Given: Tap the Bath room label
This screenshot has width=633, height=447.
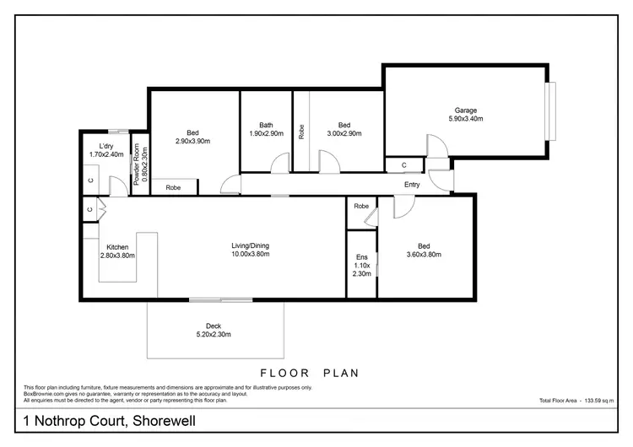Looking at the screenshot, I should point(266,125).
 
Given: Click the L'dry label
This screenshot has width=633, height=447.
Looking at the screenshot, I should point(105,145).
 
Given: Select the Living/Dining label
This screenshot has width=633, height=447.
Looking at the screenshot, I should point(250,245).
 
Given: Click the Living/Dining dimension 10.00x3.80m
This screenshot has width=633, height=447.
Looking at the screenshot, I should point(250,255).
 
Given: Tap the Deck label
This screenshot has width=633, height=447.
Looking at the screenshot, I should point(214,326).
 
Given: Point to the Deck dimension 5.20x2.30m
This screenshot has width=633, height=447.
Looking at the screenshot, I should point(214,335).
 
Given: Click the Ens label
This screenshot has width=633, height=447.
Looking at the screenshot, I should point(360,257).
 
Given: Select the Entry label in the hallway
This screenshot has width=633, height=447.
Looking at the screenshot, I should point(412,185).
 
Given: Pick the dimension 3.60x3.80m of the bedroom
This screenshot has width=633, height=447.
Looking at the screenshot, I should point(425,255).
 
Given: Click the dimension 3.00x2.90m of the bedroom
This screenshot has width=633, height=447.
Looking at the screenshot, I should point(344,133).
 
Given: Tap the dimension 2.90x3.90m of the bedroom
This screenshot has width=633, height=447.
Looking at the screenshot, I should point(192,142).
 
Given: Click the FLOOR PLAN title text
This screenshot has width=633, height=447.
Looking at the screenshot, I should point(310,372).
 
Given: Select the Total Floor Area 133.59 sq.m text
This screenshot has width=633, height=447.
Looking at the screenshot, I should point(582,400).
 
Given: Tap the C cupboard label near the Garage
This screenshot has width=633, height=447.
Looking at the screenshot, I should point(404,165).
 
